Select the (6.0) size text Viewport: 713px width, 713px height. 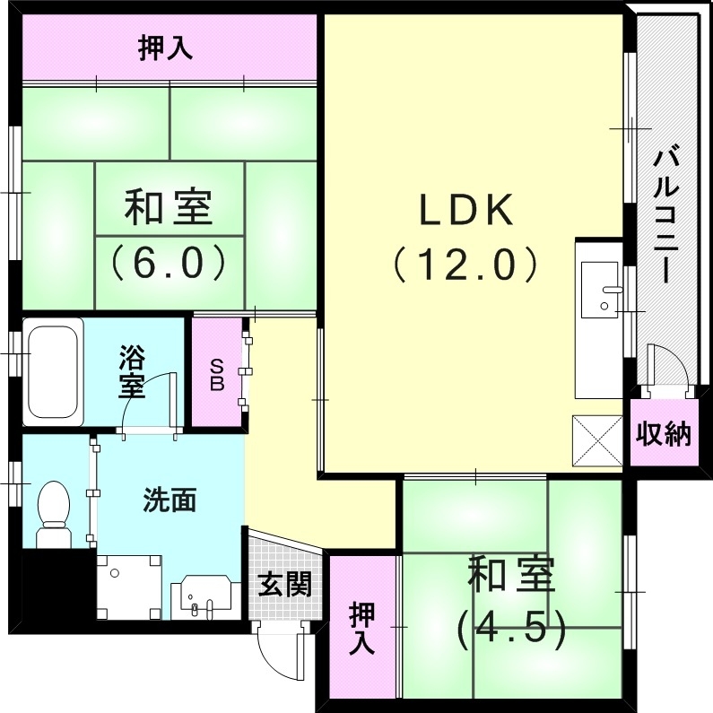pyautogui.click(x=168, y=262)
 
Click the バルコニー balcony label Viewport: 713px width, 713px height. pyautogui.click(x=665, y=215)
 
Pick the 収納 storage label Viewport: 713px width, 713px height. pyautogui.click(x=665, y=435)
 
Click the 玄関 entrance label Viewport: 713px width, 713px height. pyautogui.click(x=285, y=586)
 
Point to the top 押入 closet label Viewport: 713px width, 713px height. pyautogui.click(x=165, y=47)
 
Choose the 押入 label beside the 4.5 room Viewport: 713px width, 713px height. pyautogui.click(x=361, y=628)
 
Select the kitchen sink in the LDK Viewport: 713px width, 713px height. pyautogui.click(x=599, y=290)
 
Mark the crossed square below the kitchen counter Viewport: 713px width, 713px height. pyautogui.click(x=596, y=440)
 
